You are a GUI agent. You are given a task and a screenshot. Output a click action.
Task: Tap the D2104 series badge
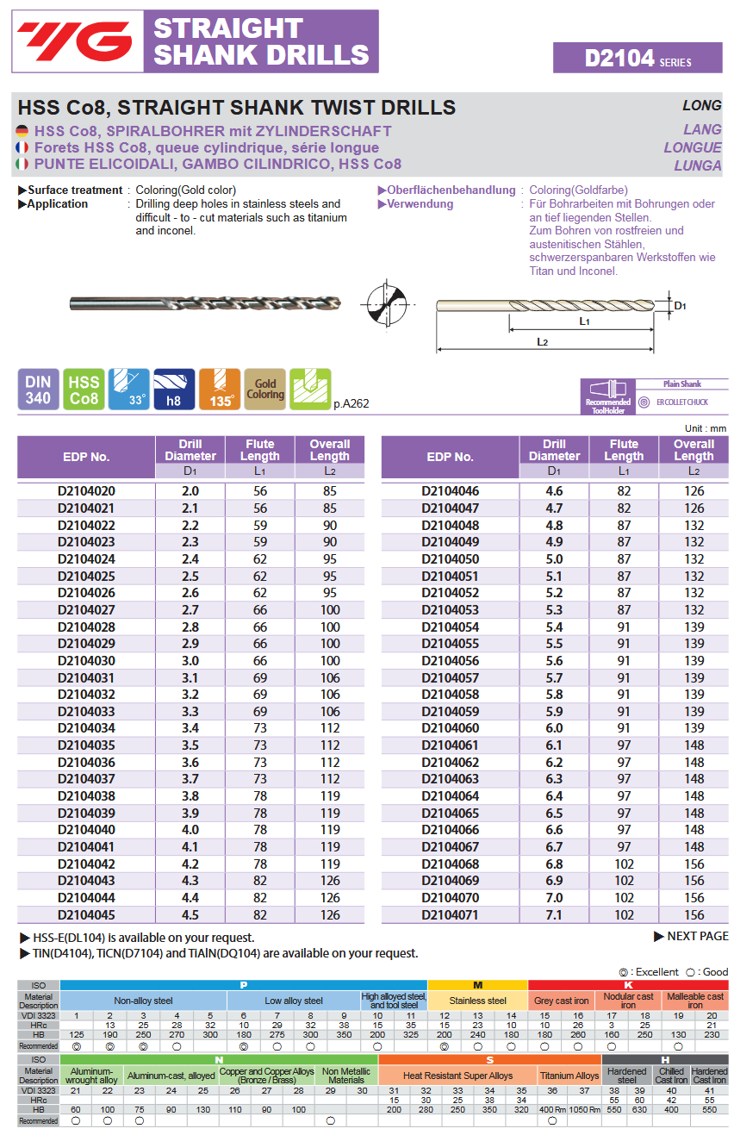(638, 59)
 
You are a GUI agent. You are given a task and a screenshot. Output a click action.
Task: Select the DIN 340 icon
(38, 390)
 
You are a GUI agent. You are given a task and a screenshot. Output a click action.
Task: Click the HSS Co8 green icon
(84, 390)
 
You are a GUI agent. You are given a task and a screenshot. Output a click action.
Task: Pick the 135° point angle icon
(220, 390)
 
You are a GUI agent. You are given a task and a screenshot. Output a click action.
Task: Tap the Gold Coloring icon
(264, 390)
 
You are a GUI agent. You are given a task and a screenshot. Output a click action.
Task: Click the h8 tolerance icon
(174, 390)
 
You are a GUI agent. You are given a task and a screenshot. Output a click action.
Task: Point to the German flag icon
(22, 131)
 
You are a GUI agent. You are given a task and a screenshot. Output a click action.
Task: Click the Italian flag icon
(22, 164)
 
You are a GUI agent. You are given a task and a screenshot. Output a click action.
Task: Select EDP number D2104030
(86, 661)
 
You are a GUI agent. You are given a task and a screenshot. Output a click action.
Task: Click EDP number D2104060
(450, 728)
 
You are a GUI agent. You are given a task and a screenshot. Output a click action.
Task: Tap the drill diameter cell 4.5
(190, 915)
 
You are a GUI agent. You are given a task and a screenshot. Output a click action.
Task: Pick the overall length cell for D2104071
(694, 915)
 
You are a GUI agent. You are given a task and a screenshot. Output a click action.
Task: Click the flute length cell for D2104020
(259, 491)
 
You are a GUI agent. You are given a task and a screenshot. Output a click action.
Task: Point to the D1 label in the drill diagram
(680, 306)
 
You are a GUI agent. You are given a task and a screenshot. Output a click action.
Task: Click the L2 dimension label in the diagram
(542, 342)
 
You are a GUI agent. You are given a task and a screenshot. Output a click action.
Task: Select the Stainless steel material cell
(477, 1001)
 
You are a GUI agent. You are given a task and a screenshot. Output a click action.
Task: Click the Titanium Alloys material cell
(569, 1076)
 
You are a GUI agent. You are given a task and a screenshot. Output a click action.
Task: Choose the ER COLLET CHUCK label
(681, 402)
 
